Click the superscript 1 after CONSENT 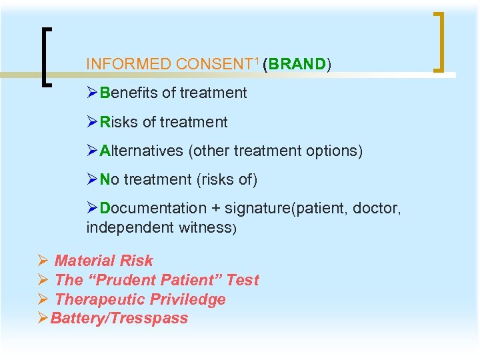point(257,61)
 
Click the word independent point(129,227)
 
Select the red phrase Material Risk point(103,261)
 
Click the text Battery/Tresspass point(119,319)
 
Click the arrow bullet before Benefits point(93,93)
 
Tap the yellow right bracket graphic point(440,41)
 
